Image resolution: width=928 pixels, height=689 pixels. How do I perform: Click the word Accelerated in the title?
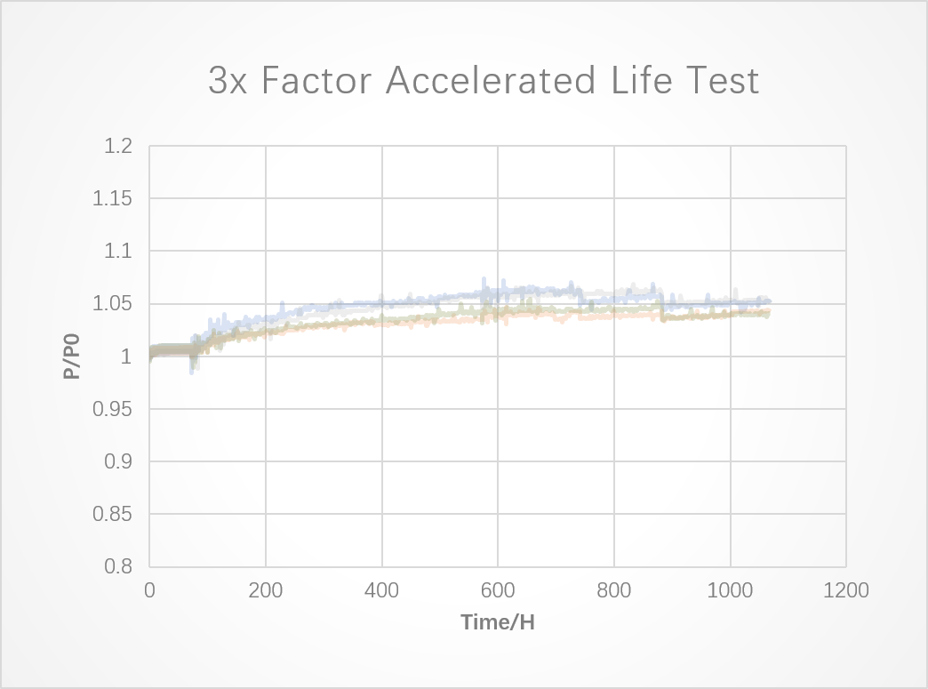[491, 81]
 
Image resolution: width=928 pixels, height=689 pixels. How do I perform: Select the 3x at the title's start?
[229, 81]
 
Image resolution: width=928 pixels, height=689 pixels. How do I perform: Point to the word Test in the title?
[722, 81]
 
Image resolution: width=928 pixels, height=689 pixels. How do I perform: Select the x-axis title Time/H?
[498, 622]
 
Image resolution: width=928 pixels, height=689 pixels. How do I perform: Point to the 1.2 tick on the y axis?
[118, 146]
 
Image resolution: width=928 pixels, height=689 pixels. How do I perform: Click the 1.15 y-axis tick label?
[113, 198]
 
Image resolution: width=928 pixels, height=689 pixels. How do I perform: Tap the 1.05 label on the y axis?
[113, 304]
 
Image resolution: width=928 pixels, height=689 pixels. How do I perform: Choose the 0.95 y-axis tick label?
[113, 409]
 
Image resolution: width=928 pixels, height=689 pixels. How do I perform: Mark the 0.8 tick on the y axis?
[118, 566]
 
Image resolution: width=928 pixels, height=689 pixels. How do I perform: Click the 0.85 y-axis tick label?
[113, 514]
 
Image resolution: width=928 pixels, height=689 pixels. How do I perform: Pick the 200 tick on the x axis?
[266, 589]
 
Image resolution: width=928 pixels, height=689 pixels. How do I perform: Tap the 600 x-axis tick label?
[498, 589]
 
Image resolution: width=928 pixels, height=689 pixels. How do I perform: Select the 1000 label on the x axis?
[730, 589]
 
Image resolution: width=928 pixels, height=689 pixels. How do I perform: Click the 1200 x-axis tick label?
[846, 589]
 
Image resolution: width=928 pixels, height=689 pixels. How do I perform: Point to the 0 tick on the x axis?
[149, 589]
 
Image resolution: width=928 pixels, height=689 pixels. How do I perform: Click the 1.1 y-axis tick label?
[118, 252]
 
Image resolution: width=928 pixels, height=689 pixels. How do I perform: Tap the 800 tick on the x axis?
[614, 589]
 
